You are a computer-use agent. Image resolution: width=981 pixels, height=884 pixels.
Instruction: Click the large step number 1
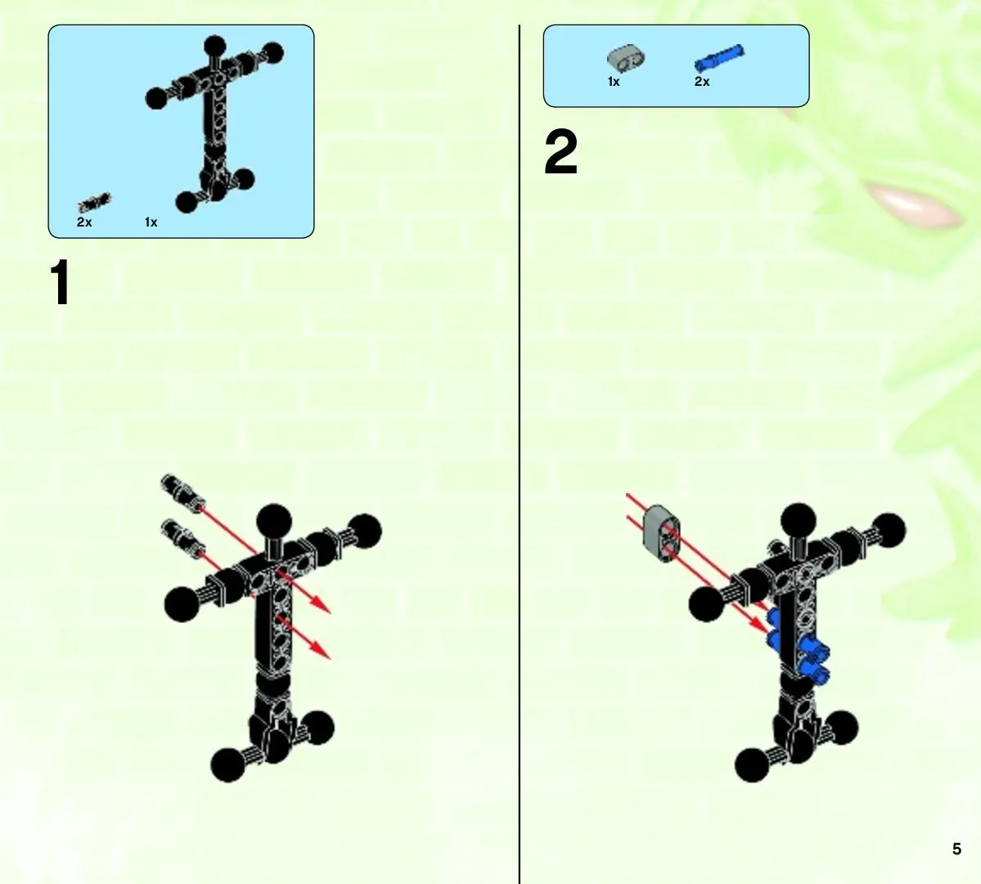click(61, 283)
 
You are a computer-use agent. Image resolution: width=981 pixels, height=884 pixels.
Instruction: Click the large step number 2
click(561, 152)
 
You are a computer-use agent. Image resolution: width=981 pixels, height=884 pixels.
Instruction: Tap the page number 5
click(956, 848)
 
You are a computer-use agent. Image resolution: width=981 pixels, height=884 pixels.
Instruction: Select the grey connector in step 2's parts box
click(626, 57)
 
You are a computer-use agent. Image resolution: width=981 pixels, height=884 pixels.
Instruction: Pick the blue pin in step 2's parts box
click(719, 57)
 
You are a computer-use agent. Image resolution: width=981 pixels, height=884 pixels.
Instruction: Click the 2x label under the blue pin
click(702, 81)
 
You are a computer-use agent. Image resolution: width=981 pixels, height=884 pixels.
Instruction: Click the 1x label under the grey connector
click(614, 81)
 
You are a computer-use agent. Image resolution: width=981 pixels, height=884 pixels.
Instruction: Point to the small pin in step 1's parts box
click(94, 202)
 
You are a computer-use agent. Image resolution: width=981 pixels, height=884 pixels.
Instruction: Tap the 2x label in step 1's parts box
click(84, 222)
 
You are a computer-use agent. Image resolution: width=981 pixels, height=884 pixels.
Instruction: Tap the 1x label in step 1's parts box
click(151, 222)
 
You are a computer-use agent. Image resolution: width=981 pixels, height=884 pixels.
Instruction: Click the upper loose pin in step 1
click(182, 491)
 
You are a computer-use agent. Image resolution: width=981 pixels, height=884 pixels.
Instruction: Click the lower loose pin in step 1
click(182, 536)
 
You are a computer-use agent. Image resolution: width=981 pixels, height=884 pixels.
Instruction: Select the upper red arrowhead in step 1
click(321, 604)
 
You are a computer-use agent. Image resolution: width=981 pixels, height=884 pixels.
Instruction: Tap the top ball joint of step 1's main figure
click(274, 521)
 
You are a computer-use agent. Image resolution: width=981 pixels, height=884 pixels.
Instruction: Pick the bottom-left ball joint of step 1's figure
click(228, 765)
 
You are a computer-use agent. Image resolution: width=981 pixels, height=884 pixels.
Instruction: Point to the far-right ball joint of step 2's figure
click(889, 532)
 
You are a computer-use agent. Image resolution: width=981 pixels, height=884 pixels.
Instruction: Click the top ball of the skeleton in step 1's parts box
click(214, 47)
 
